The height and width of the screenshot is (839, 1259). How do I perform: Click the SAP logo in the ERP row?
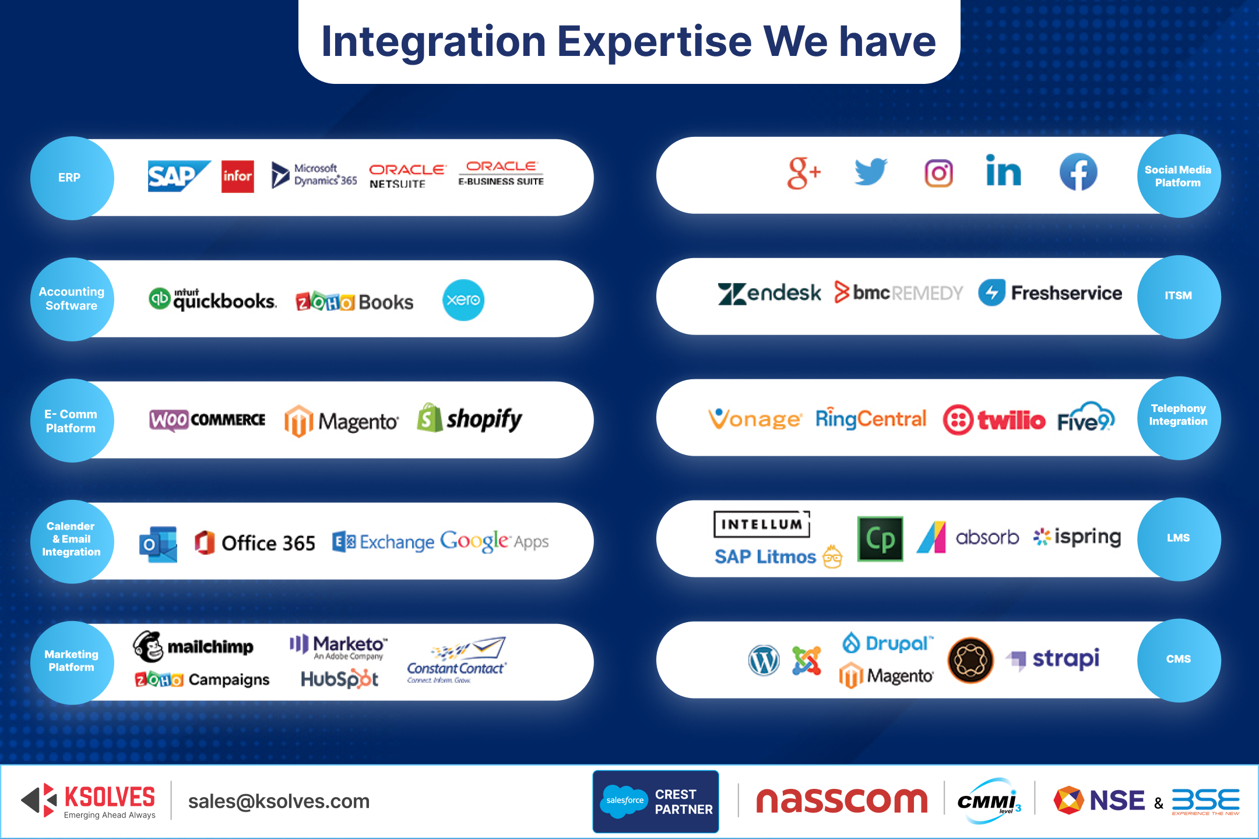click(178, 176)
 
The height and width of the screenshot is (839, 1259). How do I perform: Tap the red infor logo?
click(238, 176)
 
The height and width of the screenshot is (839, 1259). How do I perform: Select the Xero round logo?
click(463, 300)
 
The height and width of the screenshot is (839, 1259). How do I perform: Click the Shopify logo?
click(470, 418)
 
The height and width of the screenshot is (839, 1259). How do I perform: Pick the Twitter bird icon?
click(871, 172)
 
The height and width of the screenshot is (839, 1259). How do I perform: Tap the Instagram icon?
click(938, 173)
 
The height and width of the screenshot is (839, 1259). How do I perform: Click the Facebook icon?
click(1078, 172)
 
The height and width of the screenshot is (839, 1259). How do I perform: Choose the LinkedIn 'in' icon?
click(1003, 171)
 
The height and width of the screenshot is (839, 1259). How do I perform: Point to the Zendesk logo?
click(769, 293)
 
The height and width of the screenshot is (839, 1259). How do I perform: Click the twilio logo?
click(994, 419)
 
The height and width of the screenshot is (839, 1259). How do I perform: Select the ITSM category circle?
click(1179, 296)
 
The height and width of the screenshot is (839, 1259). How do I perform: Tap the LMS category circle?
click(1179, 538)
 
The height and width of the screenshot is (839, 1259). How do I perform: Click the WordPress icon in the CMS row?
click(764, 660)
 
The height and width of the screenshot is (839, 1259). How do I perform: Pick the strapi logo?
click(1053, 659)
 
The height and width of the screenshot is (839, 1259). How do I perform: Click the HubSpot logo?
click(339, 679)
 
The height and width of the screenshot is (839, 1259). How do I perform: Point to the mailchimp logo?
click(194, 646)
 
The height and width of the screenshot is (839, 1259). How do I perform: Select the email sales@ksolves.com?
click(279, 801)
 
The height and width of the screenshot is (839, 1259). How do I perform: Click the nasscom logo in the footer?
click(841, 801)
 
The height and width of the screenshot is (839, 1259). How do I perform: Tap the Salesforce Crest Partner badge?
click(656, 801)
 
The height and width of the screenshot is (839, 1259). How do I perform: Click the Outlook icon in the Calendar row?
click(158, 544)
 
